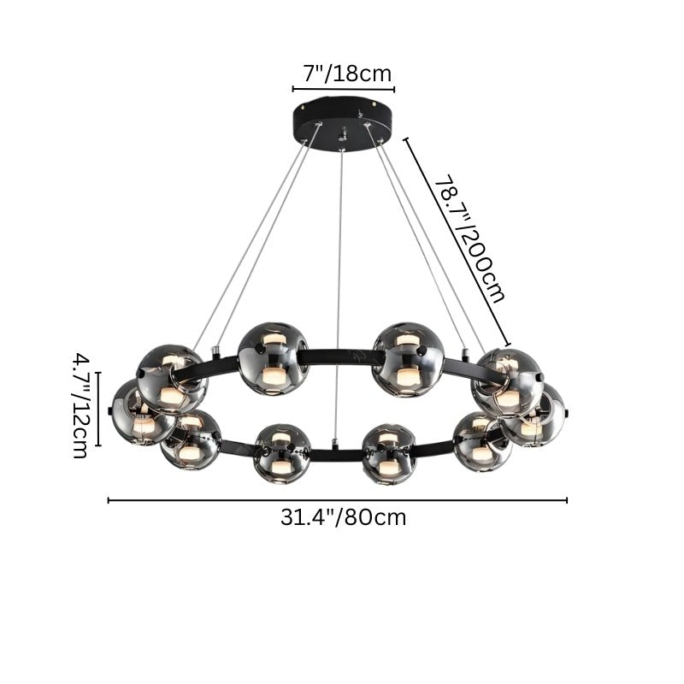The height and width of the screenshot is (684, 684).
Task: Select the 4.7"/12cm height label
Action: pyautogui.click(x=80, y=405)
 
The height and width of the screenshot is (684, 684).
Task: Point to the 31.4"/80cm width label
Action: pyautogui.click(x=344, y=518)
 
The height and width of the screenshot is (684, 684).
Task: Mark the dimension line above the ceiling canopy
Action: pyautogui.click(x=344, y=90)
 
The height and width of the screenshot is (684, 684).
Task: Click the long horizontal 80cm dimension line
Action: pyautogui.click(x=338, y=500)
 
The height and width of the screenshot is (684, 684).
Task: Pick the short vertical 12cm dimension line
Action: pyautogui.click(x=98, y=410)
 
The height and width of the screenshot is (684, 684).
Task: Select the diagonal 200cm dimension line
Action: pyautogui.click(x=457, y=242)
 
